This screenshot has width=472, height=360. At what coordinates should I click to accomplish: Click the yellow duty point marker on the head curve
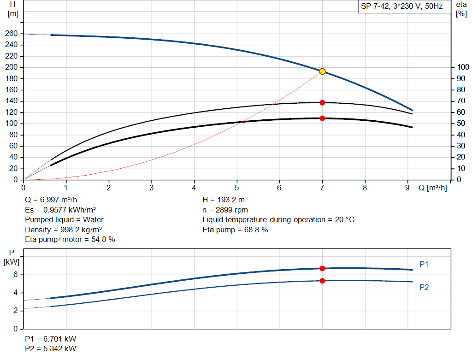point(322,71)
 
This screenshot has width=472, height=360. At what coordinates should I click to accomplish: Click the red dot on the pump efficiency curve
point(322,102)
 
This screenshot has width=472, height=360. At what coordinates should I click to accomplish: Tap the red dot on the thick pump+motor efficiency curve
point(322,118)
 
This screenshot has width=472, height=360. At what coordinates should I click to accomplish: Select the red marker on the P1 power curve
point(322,268)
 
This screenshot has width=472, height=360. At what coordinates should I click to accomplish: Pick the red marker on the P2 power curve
point(322,281)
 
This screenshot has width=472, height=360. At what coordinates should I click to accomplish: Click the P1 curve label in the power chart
point(424,264)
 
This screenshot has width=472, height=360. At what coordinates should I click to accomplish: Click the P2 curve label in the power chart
point(424,287)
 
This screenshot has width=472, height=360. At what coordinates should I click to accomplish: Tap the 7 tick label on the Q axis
point(322,188)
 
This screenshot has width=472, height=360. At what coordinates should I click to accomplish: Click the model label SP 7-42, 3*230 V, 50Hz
point(401,6)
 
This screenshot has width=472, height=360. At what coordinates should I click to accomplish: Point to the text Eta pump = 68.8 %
point(235,230)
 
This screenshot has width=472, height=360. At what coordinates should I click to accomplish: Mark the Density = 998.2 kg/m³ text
point(64,230)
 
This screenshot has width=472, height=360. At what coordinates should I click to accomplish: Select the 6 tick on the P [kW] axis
point(15,275)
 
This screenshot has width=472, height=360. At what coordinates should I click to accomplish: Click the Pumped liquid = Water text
point(65,219)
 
